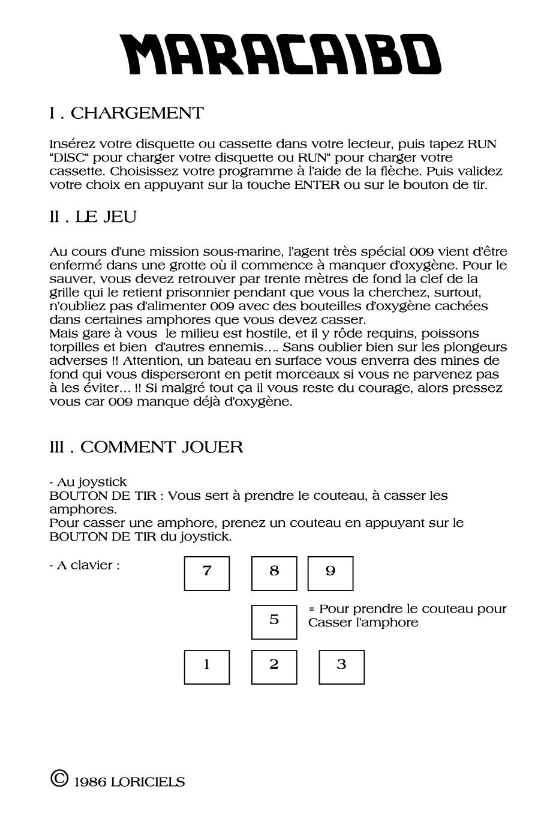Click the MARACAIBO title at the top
point(280,54)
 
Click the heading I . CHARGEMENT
point(127,113)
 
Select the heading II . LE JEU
point(93,217)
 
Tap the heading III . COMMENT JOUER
point(146,447)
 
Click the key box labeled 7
point(207,574)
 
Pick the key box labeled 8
point(274,574)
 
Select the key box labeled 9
point(330,574)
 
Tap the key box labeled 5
point(274,622)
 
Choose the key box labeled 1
point(207,667)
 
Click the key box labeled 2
point(274,667)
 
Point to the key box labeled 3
point(341,667)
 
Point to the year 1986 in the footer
point(90,782)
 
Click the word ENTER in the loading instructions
point(317,185)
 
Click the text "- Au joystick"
point(88,482)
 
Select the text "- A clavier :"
point(85,565)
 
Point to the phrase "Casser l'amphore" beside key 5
point(363,623)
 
